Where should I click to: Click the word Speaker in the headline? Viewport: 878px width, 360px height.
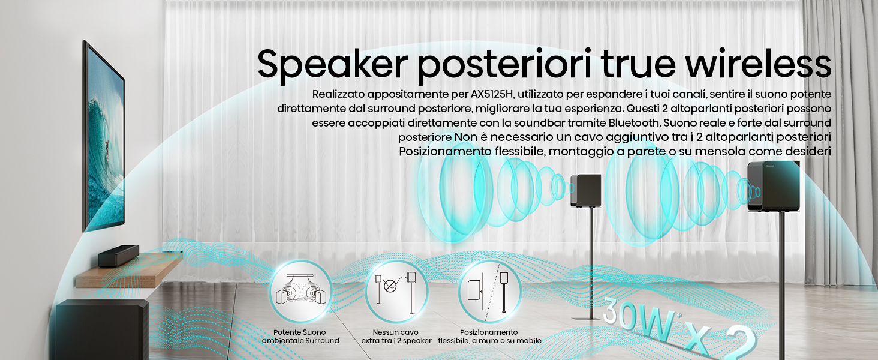pyautogui.click(x=332, y=65)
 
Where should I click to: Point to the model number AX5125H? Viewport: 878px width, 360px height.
pyautogui.click(x=492, y=94)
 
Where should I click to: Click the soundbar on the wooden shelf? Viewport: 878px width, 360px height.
pyautogui.click(x=118, y=256)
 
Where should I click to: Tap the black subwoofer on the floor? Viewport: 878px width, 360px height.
pyautogui.click(x=102, y=329)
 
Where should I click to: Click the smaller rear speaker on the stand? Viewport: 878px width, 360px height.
pyautogui.click(x=585, y=190)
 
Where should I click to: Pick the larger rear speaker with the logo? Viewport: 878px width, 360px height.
pyautogui.click(x=773, y=186)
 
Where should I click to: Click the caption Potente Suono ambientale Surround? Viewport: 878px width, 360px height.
pyautogui.click(x=300, y=337)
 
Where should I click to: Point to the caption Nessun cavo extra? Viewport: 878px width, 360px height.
pyautogui.click(x=396, y=337)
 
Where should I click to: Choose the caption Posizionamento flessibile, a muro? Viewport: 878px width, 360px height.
pyautogui.click(x=489, y=337)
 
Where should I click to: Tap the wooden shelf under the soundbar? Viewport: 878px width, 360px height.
pyautogui.click(x=130, y=270)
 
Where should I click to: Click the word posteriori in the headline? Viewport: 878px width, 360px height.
pyautogui.click(x=504, y=65)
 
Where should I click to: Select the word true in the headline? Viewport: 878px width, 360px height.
pyautogui.click(x=638, y=64)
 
